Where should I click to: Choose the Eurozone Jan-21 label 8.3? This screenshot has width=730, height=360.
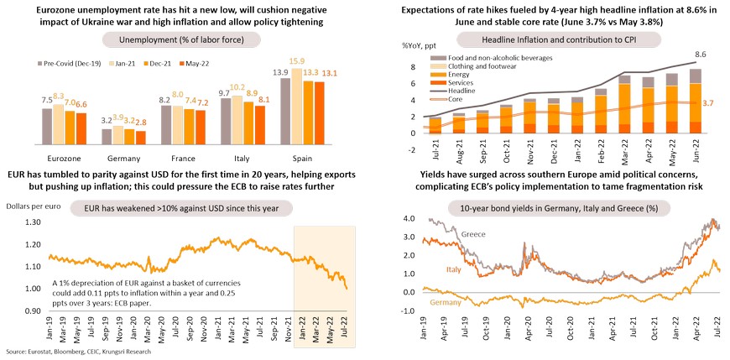tap(58, 97)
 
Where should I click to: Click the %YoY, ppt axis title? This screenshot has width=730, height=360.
tap(391, 42)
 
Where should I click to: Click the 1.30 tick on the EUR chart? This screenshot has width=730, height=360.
tap(27, 222)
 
